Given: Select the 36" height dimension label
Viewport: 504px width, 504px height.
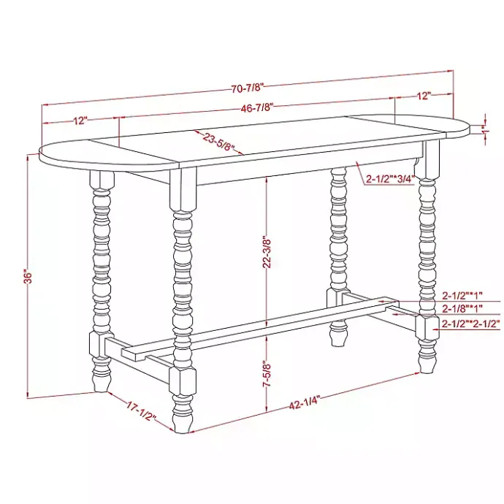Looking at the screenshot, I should (28, 278).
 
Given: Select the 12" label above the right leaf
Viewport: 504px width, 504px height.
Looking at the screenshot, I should (424, 95).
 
